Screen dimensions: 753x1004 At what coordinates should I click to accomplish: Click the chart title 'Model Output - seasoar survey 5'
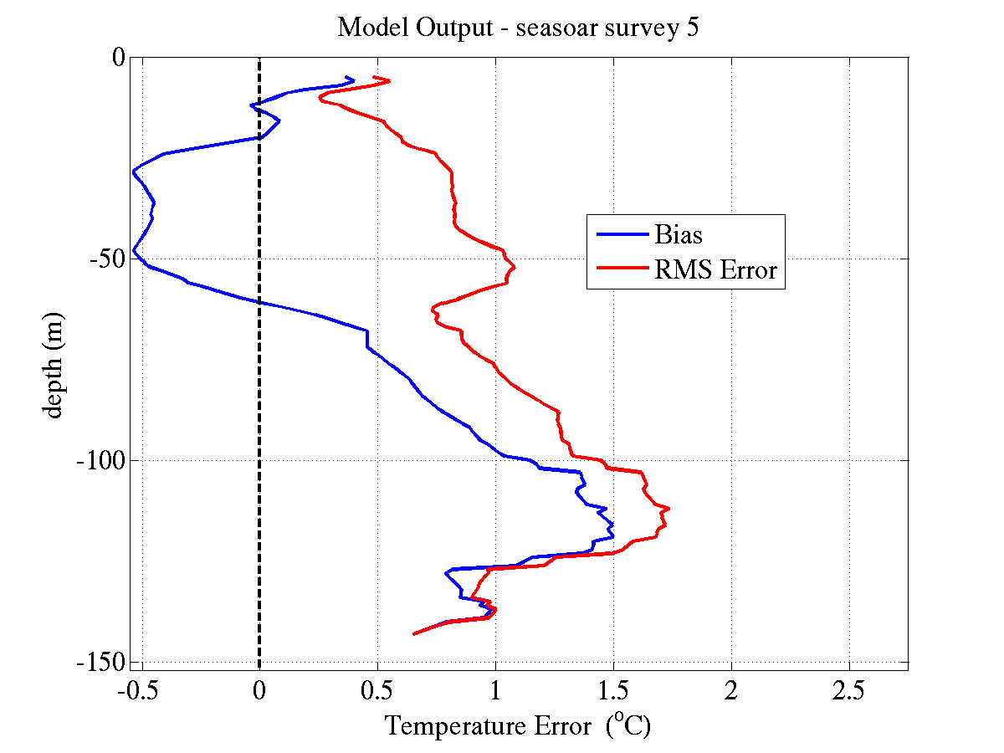[x=518, y=28]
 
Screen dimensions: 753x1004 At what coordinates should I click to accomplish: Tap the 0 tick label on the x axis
[x=259, y=691]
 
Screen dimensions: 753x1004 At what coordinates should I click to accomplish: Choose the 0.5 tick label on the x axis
[x=377, y=691]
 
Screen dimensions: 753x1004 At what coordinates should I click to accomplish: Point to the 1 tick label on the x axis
[x=495, y=691]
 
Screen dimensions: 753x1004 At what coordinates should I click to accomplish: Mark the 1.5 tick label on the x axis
[x=613, y=691]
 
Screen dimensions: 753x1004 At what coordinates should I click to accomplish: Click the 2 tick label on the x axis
[x=731, y=691]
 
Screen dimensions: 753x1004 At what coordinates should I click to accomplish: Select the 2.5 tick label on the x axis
[x=849, y=691]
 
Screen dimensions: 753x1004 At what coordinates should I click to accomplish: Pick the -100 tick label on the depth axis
[x=100, y=460]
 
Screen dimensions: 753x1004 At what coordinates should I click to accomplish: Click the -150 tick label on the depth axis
[x=100, y=662]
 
